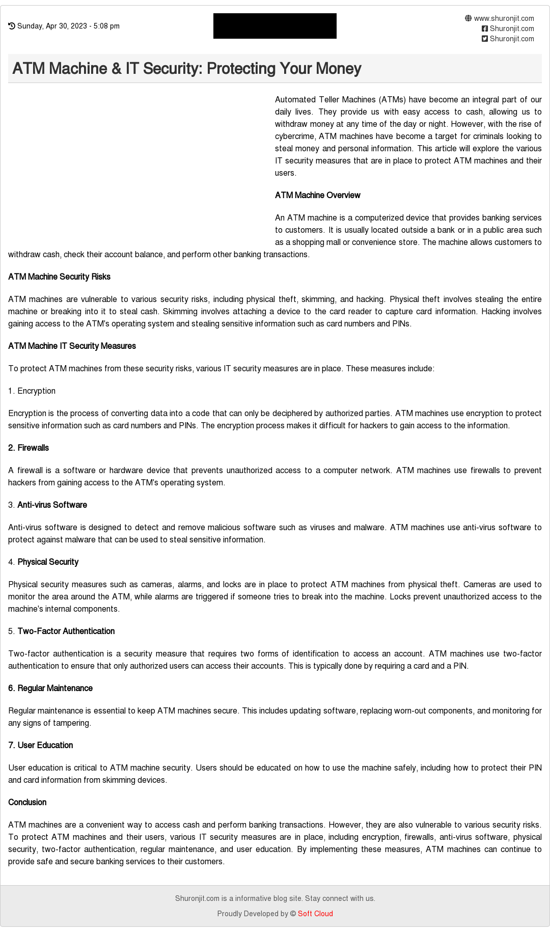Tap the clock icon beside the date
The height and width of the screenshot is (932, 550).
[12, 26]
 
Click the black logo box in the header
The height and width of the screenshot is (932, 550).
[274, 26]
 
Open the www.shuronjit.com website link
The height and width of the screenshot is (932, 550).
[504, 18]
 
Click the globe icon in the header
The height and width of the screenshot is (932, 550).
[469, 18]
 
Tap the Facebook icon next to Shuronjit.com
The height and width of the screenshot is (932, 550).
[485, 29]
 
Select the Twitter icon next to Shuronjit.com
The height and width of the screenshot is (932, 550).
[485, 39]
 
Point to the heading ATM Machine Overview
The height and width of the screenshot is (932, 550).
[317, 195]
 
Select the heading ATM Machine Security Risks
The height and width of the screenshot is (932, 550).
[59, 277]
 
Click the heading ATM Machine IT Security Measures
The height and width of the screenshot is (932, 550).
[72, 346]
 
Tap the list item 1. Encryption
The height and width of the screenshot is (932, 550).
[32, 391]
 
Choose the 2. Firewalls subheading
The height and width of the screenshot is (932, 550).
[29, 448]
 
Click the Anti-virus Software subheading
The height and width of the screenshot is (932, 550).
[52, 505]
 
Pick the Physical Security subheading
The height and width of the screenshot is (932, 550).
[48, 562]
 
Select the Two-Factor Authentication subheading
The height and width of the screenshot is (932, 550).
[66, 631]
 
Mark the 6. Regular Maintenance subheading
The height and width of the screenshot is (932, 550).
[50, 688]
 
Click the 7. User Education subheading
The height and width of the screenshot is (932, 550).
[41, 745]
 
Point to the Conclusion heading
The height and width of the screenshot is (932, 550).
[28, 802]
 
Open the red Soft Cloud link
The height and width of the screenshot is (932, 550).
[315, 914]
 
